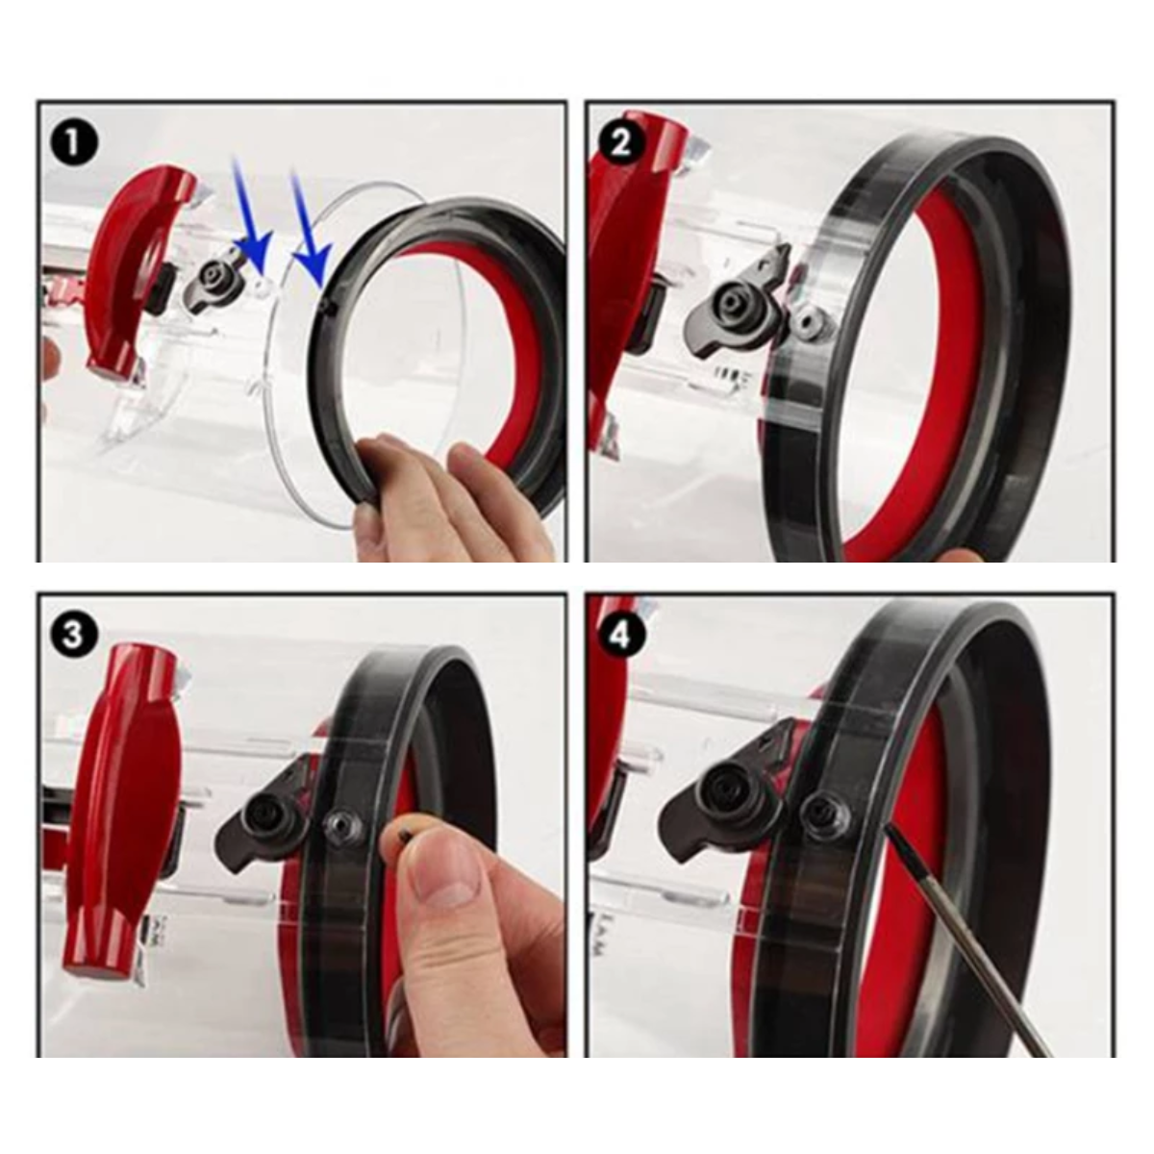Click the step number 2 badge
tap(620, 144)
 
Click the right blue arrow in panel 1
tap(310, 228)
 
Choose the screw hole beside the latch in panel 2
tap(811, 321)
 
